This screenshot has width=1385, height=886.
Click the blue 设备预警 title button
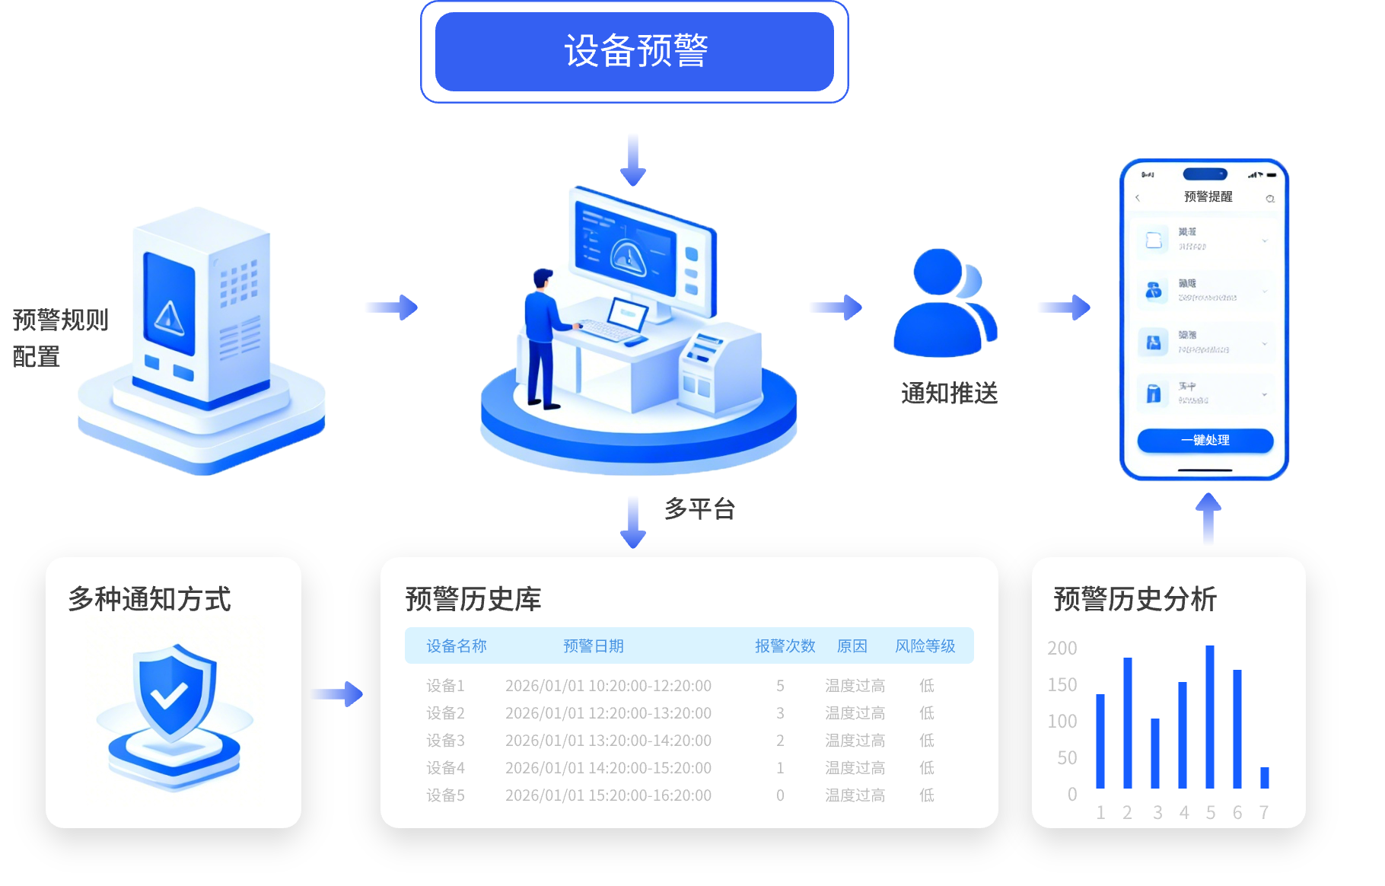tap(635, 52)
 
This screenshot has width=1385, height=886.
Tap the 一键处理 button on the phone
tap(1205, 440)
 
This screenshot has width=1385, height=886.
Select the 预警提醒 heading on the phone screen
tap(1208, 196)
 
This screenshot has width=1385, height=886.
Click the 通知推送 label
tap(949, 393)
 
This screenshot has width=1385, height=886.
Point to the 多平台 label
tap(699, 508)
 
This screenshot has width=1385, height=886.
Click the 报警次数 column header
tap(785, 646)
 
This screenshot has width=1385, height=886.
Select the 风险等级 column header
tap(925, 646)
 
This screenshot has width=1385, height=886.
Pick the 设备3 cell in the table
tap(445, 741)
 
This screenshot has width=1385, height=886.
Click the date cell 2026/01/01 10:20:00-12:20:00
tap(608, 686)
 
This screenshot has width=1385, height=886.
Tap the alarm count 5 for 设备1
tap(780, 686)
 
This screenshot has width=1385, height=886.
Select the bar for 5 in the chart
tap(1210, 716)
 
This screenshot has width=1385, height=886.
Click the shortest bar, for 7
tap(1265, 777)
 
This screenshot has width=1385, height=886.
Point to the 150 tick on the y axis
tap(1062, 685)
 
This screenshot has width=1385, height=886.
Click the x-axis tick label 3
tap(1157, 813)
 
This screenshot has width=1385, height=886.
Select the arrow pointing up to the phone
tap(1208, 518)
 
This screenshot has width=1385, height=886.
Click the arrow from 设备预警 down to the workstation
tap(633, 159)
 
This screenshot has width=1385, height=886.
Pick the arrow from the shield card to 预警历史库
tap(337, 693)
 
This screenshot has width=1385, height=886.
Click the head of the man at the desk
tap(543, 278)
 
